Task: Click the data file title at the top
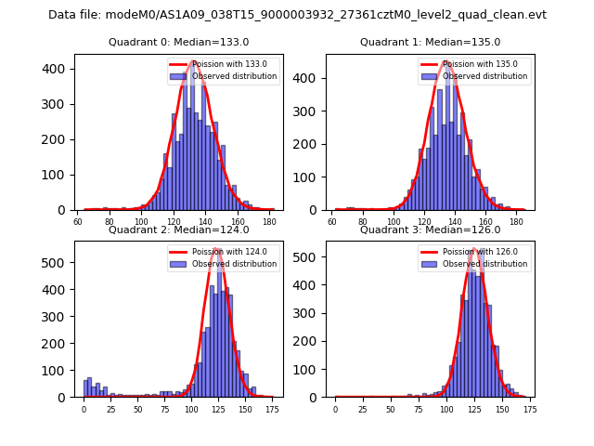tap(297, 15)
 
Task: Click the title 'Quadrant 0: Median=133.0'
tap(179, 42)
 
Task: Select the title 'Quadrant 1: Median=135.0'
tap(430, 42)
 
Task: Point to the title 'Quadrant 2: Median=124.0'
tap(179, 230)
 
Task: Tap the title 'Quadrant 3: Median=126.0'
tap(430, 230)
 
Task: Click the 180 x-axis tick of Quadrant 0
tap(269, 221)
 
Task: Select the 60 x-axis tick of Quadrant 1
tap(333, 221)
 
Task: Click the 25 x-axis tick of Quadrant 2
tap(110, 409)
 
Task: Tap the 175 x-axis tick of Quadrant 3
tap(529, 409)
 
